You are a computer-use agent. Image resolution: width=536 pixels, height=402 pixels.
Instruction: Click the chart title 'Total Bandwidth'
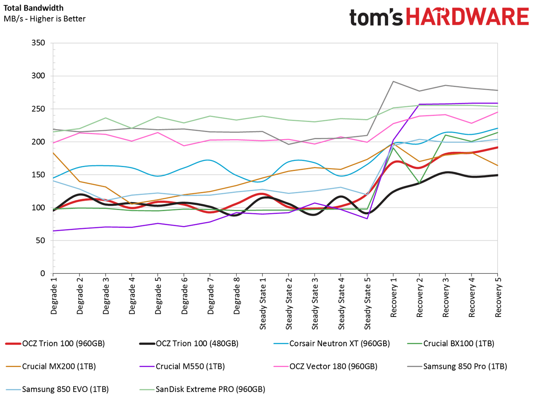click(33, 8)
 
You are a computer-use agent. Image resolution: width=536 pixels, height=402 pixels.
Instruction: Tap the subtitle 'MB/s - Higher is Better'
click(44, 19)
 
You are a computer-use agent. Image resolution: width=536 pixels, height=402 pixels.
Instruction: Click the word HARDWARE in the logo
click(467, 16)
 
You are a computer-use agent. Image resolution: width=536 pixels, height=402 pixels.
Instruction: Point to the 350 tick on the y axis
click(39, 43)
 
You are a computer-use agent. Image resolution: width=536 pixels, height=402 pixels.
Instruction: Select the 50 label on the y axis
click(41, 241)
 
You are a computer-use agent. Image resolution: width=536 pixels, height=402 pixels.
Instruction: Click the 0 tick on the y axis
click(43, 273)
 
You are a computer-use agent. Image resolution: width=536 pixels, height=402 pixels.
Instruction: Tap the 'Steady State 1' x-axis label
click(263, 303)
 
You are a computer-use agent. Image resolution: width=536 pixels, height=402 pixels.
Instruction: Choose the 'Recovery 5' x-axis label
click(498, 297)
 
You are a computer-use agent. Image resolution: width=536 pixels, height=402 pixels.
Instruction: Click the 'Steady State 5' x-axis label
click(367, 303)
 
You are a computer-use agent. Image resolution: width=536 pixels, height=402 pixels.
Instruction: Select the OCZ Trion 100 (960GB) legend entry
click(55, 344)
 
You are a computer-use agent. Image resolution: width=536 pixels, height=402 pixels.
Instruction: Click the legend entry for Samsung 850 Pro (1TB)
click(457, 366)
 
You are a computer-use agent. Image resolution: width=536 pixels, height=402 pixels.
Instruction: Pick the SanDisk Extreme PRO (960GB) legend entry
click(202, 389)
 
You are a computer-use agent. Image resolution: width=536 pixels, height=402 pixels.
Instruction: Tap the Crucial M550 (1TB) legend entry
click(182, 366)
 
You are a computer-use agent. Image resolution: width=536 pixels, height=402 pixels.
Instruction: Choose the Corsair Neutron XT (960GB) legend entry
click(332, 344)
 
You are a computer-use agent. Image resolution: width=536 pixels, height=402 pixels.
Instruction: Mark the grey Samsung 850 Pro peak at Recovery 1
click(393, 81)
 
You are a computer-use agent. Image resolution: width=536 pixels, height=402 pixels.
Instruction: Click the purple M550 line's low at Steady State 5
click(367, 218)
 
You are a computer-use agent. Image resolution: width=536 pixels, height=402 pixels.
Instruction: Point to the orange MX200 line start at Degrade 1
click(53, 153)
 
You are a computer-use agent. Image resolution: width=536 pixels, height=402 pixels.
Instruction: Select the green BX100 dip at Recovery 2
click(419, 183)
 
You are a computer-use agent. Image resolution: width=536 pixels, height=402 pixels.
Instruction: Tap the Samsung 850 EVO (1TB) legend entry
click(57, 389)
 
